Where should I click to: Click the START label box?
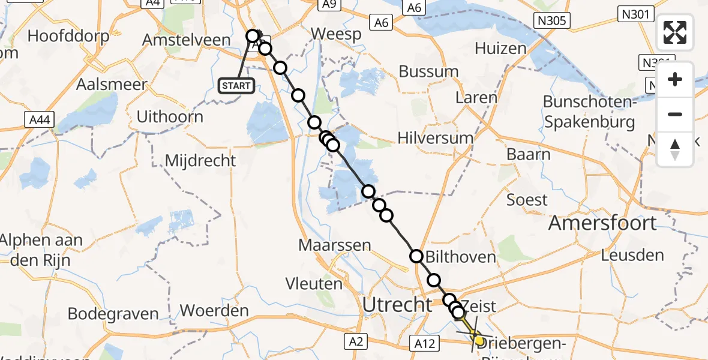pos(236,86)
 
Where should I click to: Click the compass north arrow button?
pos(675,149)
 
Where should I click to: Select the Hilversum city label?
pos(435,138)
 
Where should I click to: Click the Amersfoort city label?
pos(602,223)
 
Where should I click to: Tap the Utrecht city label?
pos(397,305)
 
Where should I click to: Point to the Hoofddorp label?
pos(68,36)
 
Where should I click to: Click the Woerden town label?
pos(214,311)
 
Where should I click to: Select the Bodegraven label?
pos(113,314)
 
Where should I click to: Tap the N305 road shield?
pos(552,22)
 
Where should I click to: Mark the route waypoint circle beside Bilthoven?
pos(416,257)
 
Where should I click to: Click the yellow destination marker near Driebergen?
pos(478,340)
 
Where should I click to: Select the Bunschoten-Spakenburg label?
pos(589,112)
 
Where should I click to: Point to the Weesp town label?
pos(336,34)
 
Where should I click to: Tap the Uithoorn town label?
pos(170,116)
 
